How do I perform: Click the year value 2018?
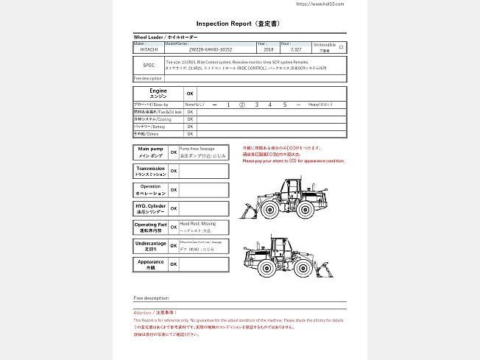pos(267,49)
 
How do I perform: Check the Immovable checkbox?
pos(340,46)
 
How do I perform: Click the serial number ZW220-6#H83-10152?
pos(211,49)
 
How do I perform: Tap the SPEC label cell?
pos(149,65)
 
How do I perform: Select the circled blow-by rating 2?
pos(242,105)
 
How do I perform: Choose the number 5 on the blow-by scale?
pos(284,105)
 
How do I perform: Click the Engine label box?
pos(158,93)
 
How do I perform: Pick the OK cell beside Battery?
pos(190,127)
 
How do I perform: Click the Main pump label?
pos(151,152)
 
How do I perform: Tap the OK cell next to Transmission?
pos(174,171)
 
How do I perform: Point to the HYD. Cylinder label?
pos(151,208)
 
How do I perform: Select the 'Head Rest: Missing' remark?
pos(198,222)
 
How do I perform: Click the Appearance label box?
pos(151,264)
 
